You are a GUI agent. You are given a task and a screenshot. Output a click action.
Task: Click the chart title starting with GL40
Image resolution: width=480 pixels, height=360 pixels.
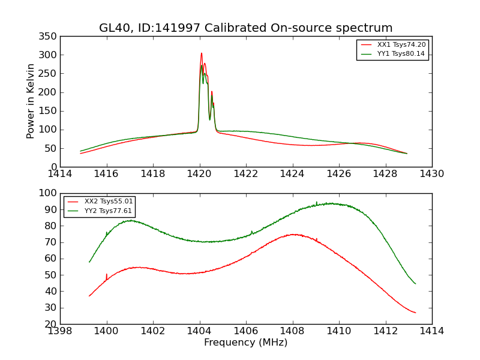(246, 28)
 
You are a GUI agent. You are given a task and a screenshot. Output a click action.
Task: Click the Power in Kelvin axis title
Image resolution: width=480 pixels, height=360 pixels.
(31, 101)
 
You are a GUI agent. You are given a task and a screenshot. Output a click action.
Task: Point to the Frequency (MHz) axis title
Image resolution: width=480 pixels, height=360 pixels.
(246, 343)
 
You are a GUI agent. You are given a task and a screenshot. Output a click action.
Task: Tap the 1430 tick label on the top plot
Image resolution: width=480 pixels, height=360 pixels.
(431, 174)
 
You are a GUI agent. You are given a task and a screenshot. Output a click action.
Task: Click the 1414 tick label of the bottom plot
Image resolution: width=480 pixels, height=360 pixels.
(431, 331)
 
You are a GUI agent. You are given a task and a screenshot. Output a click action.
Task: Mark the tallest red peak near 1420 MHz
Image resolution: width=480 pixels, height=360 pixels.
(202, 53)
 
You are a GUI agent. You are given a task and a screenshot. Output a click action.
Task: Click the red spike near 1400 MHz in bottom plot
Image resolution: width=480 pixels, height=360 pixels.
(107, 275)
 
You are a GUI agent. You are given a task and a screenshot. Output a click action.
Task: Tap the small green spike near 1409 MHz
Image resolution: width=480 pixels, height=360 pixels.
(316, 202)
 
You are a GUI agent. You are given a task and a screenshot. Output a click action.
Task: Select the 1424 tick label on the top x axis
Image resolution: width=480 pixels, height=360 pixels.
(292, 174)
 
